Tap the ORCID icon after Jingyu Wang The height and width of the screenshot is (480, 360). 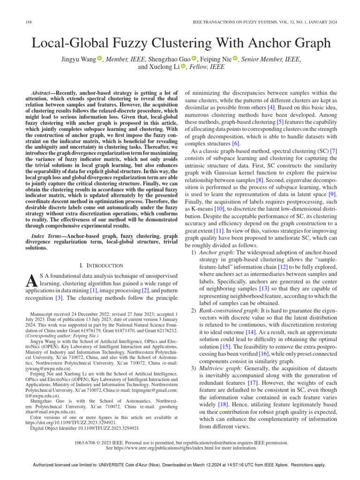(100, 59)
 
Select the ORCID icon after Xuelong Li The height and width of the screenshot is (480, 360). (183, 67)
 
